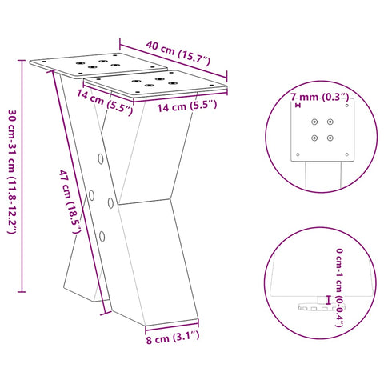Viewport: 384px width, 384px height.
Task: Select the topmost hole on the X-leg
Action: click(100, 158)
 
